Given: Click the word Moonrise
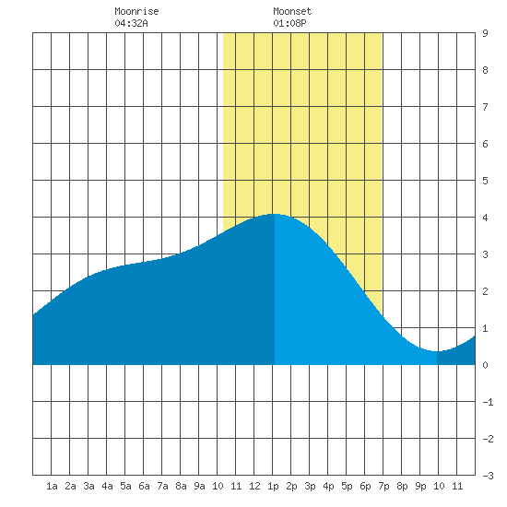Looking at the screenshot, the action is point(136,11).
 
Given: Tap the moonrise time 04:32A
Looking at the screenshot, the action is point(131,23).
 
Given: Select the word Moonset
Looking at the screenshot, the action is point(292,11).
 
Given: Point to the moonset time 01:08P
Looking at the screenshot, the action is point(289,23).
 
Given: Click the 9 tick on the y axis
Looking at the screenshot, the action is point(485,33).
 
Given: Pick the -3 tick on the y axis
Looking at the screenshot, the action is point(488,476).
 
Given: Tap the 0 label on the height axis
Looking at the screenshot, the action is point(485,365).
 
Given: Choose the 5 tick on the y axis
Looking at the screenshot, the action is point(485,181).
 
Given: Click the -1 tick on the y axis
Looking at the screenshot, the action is point(488,402).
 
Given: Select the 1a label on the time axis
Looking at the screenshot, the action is point(52,486).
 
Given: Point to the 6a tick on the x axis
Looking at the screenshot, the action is point(144,486).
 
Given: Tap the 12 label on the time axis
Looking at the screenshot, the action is point(254,486).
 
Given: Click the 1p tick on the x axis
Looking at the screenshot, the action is point(273,486).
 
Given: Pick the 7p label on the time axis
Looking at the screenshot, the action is point(383,486).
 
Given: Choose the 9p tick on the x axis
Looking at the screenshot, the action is point(420,486).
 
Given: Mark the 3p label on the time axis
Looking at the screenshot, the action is point(310,486).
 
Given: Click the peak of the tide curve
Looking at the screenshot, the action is point(274,214).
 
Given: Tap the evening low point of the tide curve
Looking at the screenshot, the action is point(437,351).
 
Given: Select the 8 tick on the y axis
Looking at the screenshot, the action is point(485,70).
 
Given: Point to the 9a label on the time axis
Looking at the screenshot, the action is point(199,486).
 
